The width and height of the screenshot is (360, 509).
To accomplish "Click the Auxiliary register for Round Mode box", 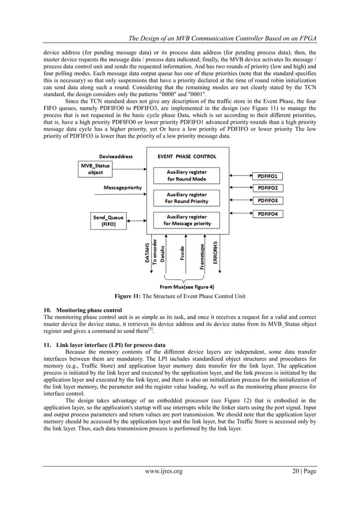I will coord(186,174).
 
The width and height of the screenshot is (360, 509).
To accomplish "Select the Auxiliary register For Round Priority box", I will coord(186,198).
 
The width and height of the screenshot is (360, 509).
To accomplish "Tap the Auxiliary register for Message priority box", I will coord(186,220).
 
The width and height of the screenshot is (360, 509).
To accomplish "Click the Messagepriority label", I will coord(123,186).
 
